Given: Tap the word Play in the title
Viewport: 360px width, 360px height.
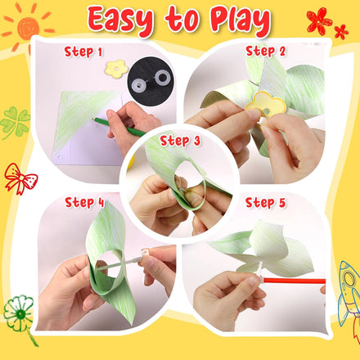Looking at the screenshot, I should pos(245,20).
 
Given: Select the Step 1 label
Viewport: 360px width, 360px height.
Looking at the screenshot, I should pos(83,52).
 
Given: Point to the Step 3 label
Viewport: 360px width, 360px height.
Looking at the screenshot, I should pos(180,140).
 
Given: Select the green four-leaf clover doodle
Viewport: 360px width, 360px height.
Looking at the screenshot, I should pos(15,123).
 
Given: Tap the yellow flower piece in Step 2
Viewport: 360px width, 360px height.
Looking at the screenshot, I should pos(268,103).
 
